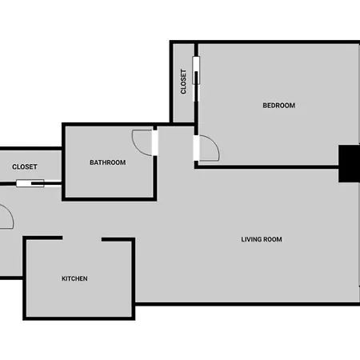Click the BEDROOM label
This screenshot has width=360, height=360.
279,106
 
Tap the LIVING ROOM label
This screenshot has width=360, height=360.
262,239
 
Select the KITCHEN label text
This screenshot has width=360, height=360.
74,278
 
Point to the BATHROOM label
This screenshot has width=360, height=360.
108,162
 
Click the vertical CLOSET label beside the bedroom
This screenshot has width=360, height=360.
183,82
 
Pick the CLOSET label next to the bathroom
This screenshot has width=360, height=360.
25,167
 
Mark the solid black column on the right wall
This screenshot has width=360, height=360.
349,164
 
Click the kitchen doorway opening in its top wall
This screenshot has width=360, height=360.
82,238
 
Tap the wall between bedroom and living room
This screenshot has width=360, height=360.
266,167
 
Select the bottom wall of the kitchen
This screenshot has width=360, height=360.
79,318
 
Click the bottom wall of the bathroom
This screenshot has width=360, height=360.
110,199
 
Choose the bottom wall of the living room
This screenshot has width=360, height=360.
247,304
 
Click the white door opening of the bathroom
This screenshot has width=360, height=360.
155,143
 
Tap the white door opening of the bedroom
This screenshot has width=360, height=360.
196,148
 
